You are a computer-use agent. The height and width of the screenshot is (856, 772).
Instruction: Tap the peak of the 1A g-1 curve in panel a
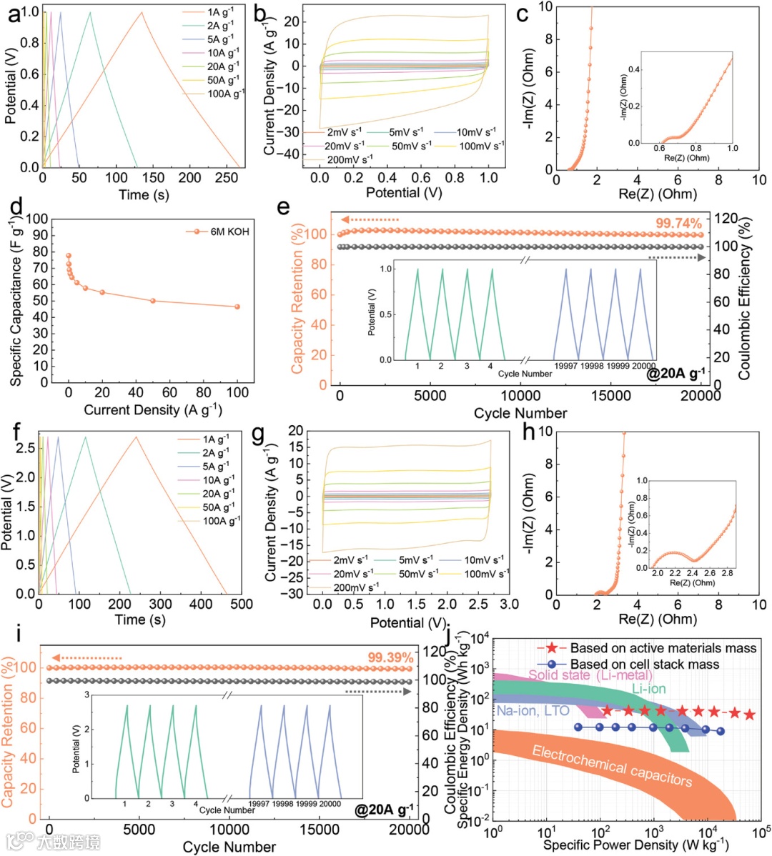[142, 12]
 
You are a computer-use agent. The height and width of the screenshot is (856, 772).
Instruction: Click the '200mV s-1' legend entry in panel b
[350, 159]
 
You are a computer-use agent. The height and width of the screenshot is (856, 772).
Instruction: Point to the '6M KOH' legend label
[229, 232]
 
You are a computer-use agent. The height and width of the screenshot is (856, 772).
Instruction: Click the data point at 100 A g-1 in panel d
[237, 307]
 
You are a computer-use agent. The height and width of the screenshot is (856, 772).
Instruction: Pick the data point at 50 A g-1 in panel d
[153, 301]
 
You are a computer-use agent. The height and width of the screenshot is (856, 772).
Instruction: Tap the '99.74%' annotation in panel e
[678, 224]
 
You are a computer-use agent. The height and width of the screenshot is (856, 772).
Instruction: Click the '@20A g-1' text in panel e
[675, 372]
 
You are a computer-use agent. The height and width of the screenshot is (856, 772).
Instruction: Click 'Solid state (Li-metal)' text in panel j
[590, 675]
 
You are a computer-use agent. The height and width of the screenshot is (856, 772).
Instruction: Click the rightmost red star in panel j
[749, 715]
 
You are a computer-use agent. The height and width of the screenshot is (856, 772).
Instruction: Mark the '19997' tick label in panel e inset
[565, 366]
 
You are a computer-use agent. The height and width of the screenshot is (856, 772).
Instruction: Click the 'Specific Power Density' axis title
[635, 845]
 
